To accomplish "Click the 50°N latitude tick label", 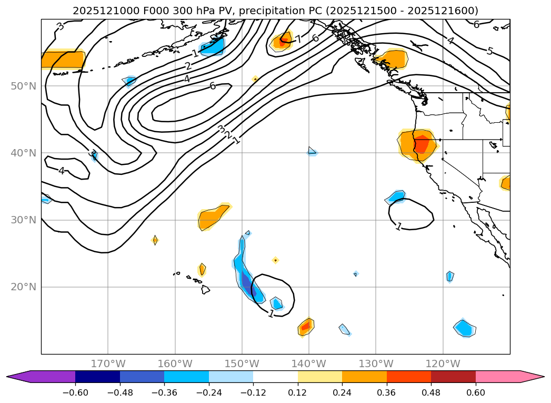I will tap(24, 86).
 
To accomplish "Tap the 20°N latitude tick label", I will tap(24, 287).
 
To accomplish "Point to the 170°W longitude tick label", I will tap(108, 363).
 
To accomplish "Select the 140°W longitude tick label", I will tap(309, 363).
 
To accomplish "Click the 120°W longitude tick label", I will tap(443, 363).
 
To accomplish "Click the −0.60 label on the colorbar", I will tap(75, 391).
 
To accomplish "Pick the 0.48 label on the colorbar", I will tap(431, 391).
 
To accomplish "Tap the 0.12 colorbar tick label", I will tap(298, 391).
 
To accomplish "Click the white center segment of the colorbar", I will tap(275, 377).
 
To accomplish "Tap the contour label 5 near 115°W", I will tap(490, 51).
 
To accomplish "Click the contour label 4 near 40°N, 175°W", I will tap(62, 171).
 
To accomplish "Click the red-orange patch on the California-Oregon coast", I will tap(421, 143).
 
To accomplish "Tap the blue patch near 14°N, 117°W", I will tap(464, 328).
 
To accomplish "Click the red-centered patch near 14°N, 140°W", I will tap(305, 327).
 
